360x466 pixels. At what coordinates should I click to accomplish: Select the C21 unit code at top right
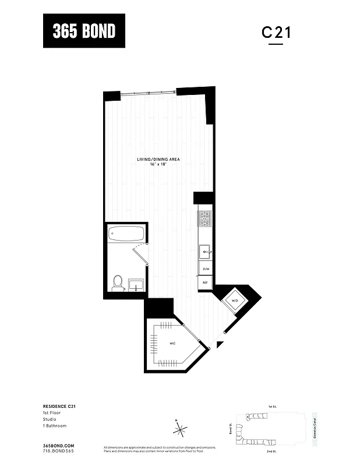[x=276, y=33]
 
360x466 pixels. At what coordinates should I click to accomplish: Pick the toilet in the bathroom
[x=117, y=282]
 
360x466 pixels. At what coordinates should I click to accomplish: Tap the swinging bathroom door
[x=140, y=252]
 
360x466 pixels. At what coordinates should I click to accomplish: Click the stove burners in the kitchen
[x=205, y=219]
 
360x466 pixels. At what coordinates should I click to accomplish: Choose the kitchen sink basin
[x=206, y=252]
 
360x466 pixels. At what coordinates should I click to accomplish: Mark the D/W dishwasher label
[x=205, y=269]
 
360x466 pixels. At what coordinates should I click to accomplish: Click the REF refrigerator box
[x=205, y=283]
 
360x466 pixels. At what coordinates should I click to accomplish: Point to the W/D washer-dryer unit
[x=235, y=301]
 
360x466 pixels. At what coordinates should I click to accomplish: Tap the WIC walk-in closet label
[x=172, y=344]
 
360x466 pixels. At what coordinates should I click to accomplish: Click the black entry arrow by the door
[x=219, y=345]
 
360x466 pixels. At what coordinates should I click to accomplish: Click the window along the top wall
[x=149, y=91]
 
